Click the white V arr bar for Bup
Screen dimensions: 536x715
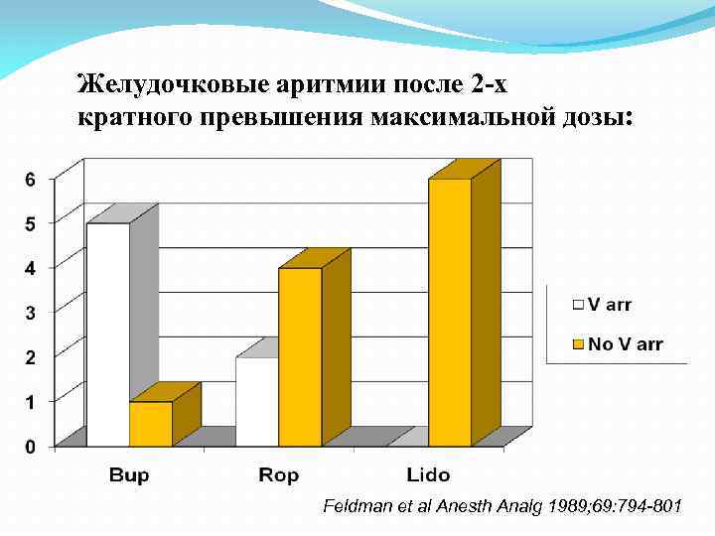tap(109, 335)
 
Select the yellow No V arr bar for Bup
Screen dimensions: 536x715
tap(151, 424)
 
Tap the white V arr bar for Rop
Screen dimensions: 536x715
tap(257, 401)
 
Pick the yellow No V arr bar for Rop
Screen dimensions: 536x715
tap(300, 357)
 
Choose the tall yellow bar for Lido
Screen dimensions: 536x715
tap(450, 312)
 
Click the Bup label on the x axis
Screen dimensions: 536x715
tap(129, 475)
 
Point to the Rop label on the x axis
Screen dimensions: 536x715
tap(279, 475)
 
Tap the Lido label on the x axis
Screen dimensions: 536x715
tap(428, 475)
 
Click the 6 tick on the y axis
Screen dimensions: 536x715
tap(30, 180)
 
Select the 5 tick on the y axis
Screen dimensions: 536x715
tap(30, 224)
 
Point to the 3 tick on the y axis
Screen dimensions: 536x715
tap(30, 314)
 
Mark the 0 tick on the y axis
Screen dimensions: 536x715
tap(30, 448)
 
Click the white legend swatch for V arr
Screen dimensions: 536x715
tap(575, 305)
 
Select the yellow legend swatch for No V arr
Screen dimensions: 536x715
tap(575, 344)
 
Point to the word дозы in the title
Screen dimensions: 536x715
tap(588, 118)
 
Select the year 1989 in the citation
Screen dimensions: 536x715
tap(564, 507)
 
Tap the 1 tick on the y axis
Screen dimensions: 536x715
tap(30, 403)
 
